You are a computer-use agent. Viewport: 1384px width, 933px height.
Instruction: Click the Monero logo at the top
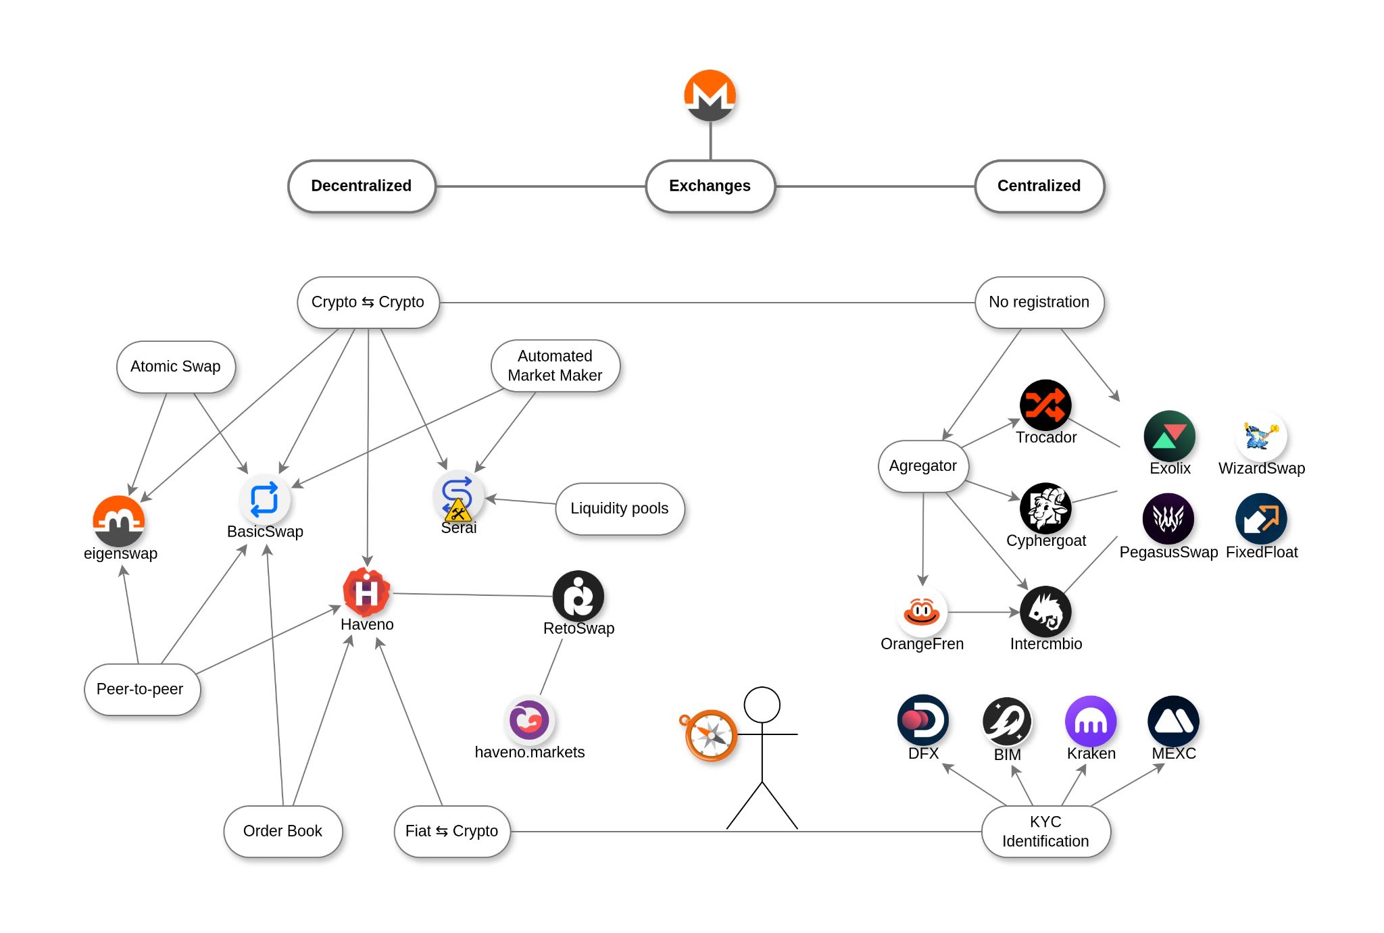[x=710, y=95]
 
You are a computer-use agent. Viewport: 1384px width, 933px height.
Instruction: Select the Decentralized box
[x=362, y=186]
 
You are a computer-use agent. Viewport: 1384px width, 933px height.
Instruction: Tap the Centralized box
[x=1039, y=186]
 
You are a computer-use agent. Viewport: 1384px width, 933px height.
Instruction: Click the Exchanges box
[x=710, y=186]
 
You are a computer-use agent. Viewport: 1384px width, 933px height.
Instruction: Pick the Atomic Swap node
[x=176, y=367]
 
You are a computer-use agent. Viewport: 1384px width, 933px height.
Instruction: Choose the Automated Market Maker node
[x=555, y=365]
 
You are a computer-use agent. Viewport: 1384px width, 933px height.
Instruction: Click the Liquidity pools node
[x=619, y=509]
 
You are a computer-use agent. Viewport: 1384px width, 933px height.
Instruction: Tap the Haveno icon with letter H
[x=366, y=592]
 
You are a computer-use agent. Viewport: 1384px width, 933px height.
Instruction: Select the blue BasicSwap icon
[x=264, y=499]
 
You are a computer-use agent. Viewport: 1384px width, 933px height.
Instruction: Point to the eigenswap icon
[x=119, y=521]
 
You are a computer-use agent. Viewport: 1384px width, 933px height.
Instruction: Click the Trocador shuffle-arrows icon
[x=1045, y=405]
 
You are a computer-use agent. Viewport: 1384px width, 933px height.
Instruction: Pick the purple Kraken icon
[x=1091, y=721]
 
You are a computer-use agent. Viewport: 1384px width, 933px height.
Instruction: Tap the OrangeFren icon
[x=922, y=611]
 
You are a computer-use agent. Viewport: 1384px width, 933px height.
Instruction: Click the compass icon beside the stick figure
[x=710, y=735]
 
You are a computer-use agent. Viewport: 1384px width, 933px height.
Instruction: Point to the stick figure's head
[x=762, y=705]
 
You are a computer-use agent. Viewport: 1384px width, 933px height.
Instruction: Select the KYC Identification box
[x=1045, y=832]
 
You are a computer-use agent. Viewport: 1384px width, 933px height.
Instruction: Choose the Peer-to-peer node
[x=141, y=689]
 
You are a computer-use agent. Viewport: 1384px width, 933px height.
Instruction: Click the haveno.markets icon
[x=529, y=720]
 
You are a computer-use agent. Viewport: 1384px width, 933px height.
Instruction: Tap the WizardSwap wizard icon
[x=1261, y=436]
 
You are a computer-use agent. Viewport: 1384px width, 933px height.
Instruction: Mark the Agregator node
[x=922, y=466]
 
